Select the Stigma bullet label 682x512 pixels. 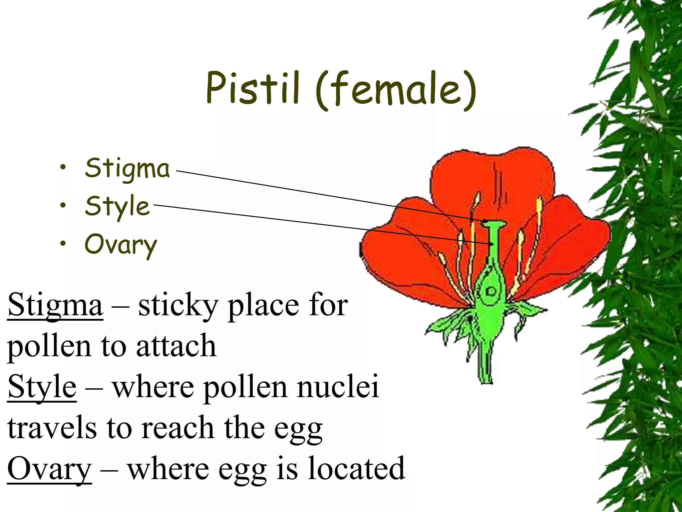(127, 168)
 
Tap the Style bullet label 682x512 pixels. (117, 206)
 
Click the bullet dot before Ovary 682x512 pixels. (63, 244)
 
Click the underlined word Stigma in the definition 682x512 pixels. (55, 305)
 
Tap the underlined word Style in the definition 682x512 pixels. (42, 387)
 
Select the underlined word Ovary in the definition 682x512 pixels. (49, 468)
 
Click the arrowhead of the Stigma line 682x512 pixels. (486, 221)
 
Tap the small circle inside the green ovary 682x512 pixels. (491, 292)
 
